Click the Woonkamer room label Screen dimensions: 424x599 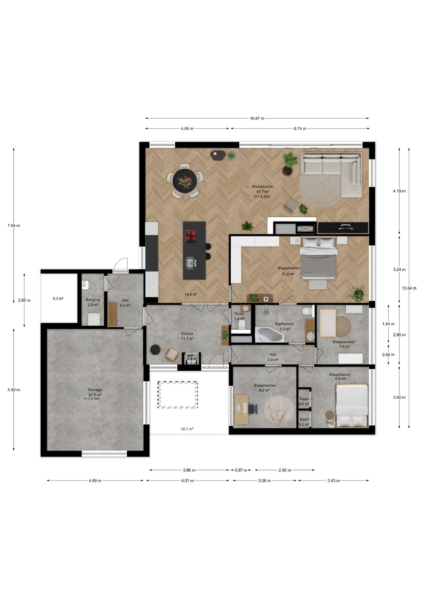click(x=263, y=187)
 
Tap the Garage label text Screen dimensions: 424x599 click(x=95, y=390)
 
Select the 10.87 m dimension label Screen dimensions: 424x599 click(x=257, y=118)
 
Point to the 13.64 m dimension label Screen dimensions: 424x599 click(x=409, y=288)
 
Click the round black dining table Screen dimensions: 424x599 click(x=185, y=181)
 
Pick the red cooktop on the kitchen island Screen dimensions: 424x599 click(x=191, y=236)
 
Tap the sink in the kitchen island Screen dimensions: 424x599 click(x=190, y=263)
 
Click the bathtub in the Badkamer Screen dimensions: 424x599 click(x=269, y=335)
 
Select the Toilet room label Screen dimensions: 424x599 click(x=239, y=314)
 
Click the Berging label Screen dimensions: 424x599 click(x=93, y=300)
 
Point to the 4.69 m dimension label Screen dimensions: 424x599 click(x=95, y=481)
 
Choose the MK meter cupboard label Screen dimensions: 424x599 click(x=190, y=356)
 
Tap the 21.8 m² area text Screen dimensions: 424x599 click(x=288, y=274)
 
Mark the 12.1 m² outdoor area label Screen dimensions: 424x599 click(x=187, y=429)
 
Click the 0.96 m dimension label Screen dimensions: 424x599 click(x=388, y=355)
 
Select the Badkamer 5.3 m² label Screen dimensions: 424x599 click(x=285, y=326)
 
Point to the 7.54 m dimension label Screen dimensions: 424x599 click(x=14, y=226)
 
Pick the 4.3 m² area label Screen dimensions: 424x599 click(x=58, y=299)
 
